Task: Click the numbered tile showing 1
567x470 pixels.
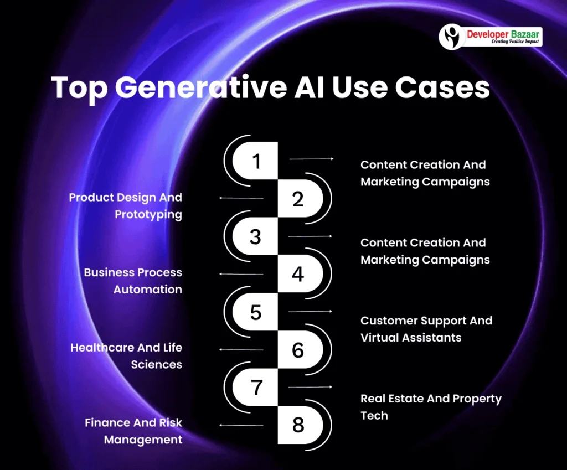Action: point(255,161)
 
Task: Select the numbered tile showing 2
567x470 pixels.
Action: point(298,199)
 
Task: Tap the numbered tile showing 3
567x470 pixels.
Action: point(255,236)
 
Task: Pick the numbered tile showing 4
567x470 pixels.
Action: point(298,274)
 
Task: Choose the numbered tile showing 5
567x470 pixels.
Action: point(255,312)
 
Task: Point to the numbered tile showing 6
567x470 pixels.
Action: point(298,349)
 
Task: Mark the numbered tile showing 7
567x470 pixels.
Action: point(255,387)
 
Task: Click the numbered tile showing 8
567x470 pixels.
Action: point(298,425)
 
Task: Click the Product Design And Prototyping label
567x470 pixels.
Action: point(126,205)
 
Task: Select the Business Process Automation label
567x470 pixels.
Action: point(133,281)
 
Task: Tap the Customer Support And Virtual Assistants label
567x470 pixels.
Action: point(426,329)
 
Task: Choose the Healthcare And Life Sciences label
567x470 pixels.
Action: point(126,356)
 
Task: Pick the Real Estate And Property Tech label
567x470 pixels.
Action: point(431,407)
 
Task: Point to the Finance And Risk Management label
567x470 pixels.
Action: point(133,431)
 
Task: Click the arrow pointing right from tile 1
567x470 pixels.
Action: point(311,159)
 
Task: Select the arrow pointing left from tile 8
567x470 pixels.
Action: point(241,425)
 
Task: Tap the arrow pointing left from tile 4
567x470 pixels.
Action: point(241,274)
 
